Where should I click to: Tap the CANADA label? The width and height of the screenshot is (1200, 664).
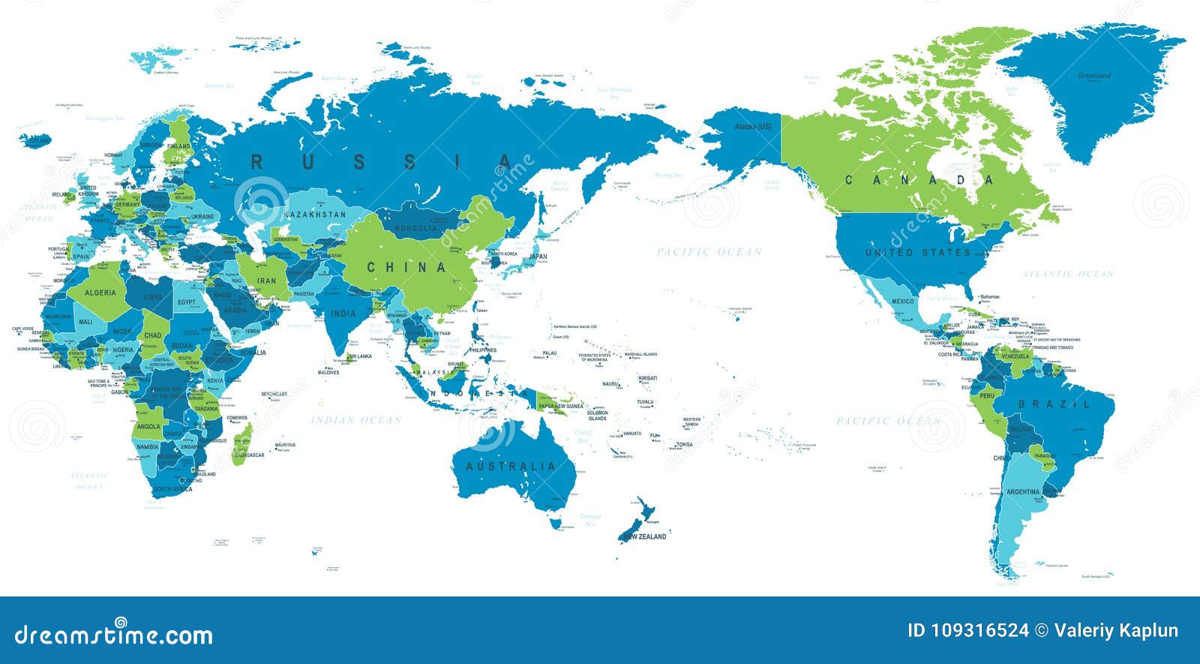[x=919, y=180]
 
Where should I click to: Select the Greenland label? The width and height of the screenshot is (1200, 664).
[x=1094, y=76]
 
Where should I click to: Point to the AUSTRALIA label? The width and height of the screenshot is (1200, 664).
[x=511, y=466]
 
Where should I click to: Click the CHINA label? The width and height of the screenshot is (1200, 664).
[x=406, y=267]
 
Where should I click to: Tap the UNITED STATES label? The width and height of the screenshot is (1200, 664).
[x=918, y=252]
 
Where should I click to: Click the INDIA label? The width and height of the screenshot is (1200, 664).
[x=343, y=314]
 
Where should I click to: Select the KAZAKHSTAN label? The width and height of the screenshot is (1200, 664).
[x=315, y=215]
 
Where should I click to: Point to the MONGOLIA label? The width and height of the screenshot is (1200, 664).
[x=415, y=228]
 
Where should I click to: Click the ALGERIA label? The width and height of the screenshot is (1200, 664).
[x=100, y=293]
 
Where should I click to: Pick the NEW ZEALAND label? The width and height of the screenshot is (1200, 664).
[x=643, y=536]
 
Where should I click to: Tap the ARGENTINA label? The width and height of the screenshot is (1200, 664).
[x=1023, y=492]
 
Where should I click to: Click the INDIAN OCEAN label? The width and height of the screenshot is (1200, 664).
[x=356, y=420]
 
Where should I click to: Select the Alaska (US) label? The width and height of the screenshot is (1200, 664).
[x=752, y=127]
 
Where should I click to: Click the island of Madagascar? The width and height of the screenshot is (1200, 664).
[x=242, y=443]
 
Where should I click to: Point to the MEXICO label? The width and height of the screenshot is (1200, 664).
[x=903, y=302]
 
